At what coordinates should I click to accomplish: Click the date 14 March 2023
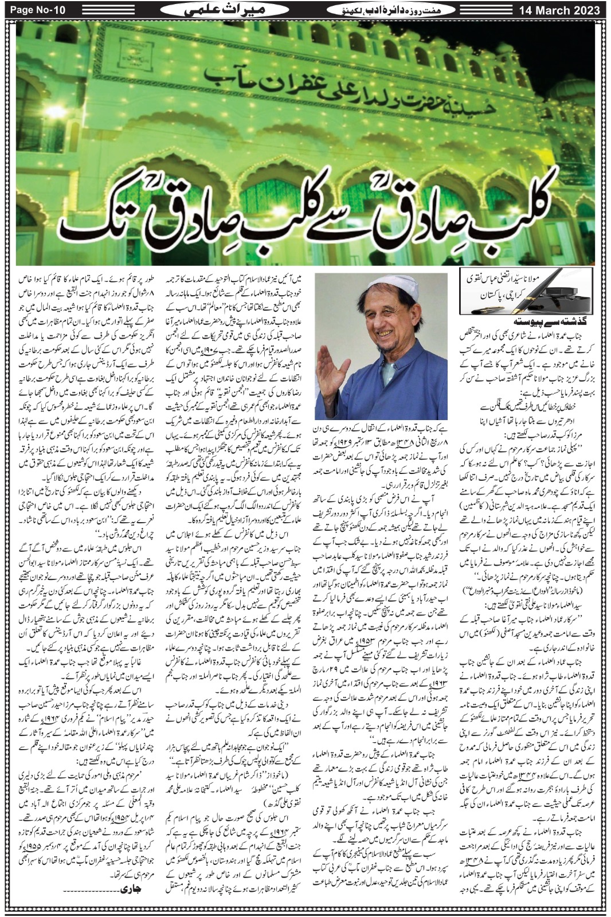click(559, 10)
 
